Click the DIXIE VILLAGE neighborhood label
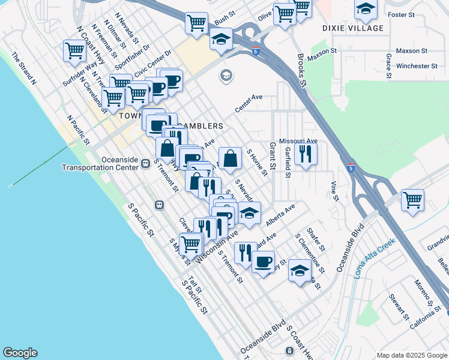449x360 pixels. click(352, 28)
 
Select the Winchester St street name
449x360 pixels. click(412, 66)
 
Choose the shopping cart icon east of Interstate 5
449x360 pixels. click(412, 200)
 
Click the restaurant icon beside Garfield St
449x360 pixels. click(306, 154)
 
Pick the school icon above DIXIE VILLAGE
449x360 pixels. click(365, 9)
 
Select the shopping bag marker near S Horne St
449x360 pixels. click(230, 158)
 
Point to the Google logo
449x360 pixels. click(20, 353)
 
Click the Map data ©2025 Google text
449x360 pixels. click(412, 355)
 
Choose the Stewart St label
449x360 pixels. click(397, 307)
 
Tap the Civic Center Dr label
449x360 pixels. click(152, 63)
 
